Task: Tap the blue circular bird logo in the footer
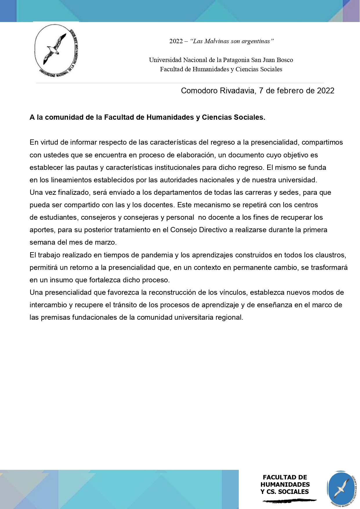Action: [341, 489]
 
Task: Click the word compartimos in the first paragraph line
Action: [322, 142]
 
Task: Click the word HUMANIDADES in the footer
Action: [285, 484]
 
